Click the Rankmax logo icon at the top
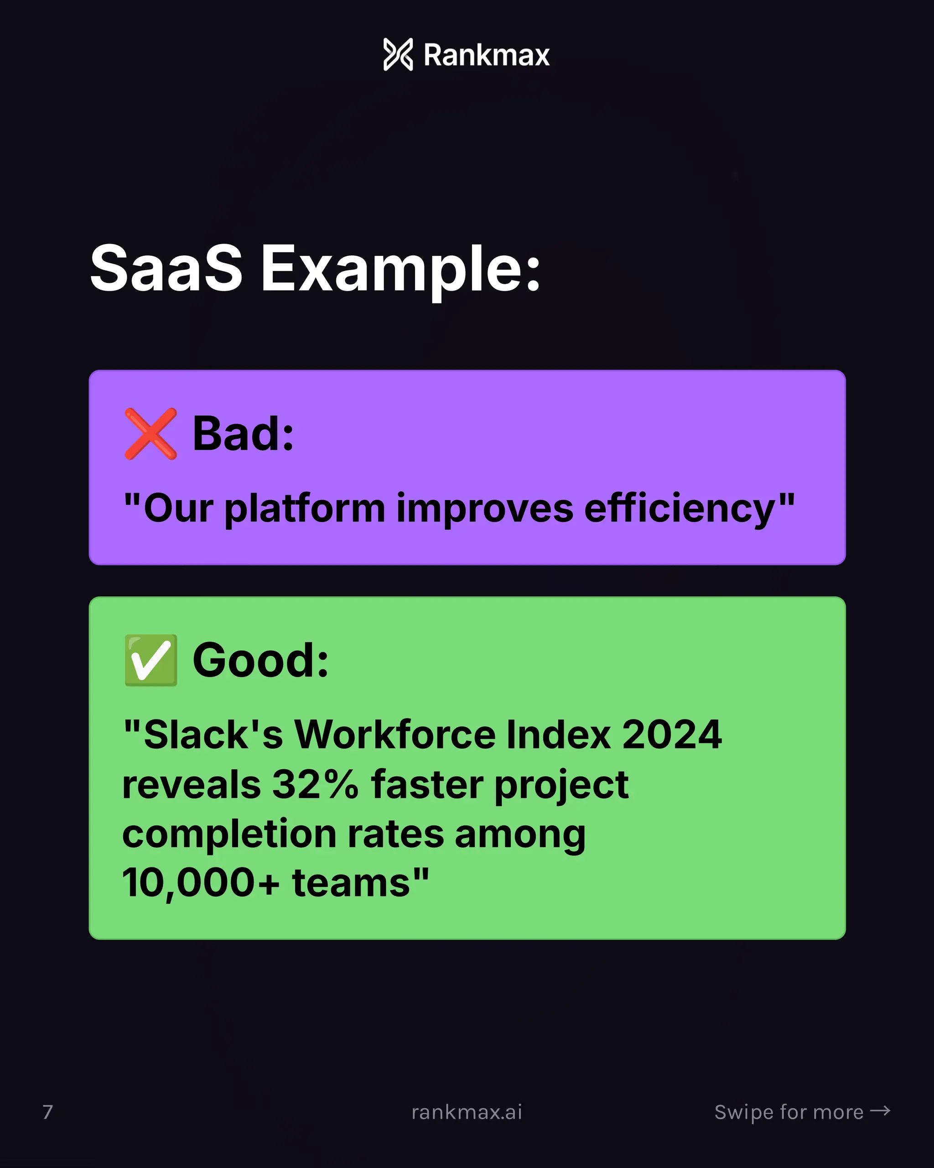pos(398,55)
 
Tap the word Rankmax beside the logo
pos(486,55)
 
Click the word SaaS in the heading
pos(166,268)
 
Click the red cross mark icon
pos(150,434)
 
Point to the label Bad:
pos(243,434)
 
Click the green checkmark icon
pos(150,660)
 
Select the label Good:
pos(260,660)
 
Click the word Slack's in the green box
pos(213,735)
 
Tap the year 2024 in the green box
pos(671,735)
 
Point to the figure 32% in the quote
pos(315,784)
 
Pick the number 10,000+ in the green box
pos(201,883)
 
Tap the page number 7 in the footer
pos(47,1112)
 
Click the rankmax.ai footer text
pos(467,1112)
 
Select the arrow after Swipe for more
pos(880,1111)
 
